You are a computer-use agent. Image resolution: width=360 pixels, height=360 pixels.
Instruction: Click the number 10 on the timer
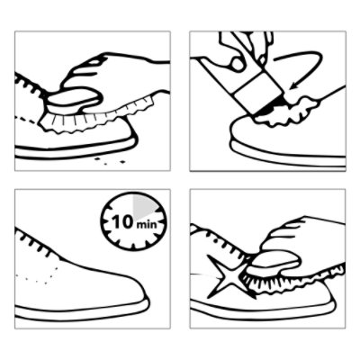point(122,221)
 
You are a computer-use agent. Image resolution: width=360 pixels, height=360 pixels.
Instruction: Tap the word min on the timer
point(147,224)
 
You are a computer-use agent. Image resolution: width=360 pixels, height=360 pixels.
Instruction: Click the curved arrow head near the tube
point(294,85)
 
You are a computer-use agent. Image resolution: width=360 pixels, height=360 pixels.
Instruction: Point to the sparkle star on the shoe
point(229,276)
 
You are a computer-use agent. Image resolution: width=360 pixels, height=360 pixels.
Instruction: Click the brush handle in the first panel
point(73,99)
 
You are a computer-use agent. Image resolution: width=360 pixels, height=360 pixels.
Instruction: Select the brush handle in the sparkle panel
point(275,260)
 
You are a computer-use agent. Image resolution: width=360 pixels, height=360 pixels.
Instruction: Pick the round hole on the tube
point(238,64)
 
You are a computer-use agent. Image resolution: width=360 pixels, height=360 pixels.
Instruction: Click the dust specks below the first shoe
point(110,160)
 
